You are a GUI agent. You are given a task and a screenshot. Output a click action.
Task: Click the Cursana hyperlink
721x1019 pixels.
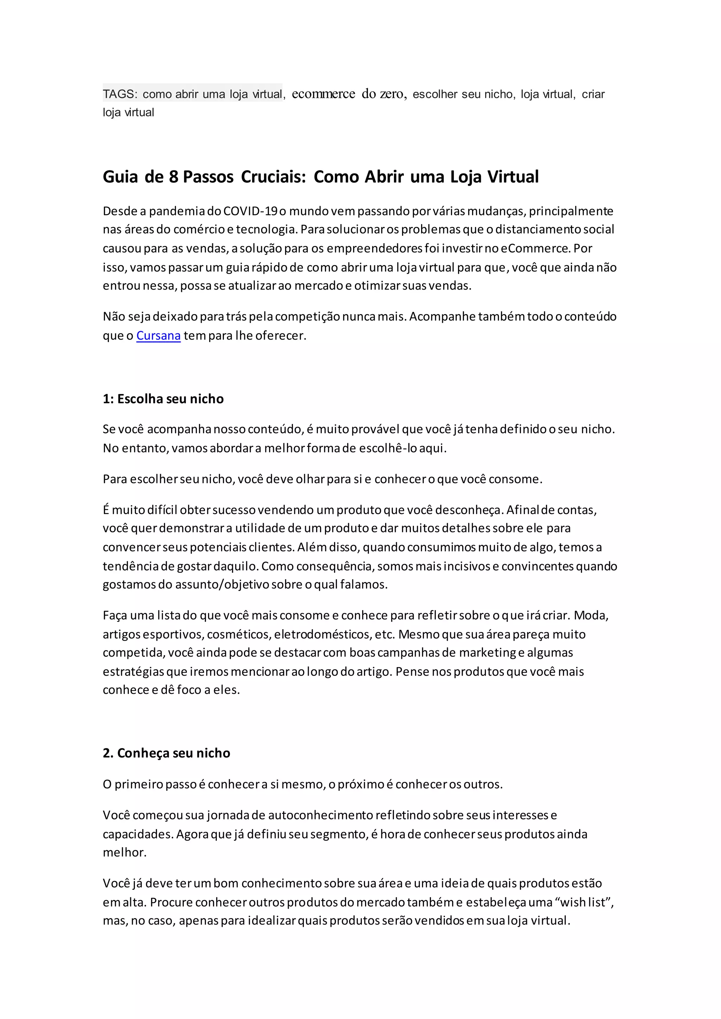[158, 336]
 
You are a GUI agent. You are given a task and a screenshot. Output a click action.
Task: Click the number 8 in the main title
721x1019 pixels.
[174, 177]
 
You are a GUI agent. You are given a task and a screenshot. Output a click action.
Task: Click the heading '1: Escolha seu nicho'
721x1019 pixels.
[163, 399]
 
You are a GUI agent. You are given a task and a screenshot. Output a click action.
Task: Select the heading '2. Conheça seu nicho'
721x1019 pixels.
[167, 753]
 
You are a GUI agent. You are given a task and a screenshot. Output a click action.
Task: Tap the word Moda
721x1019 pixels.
[590, 615]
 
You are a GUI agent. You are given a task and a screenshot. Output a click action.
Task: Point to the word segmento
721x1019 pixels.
[338, 834]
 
